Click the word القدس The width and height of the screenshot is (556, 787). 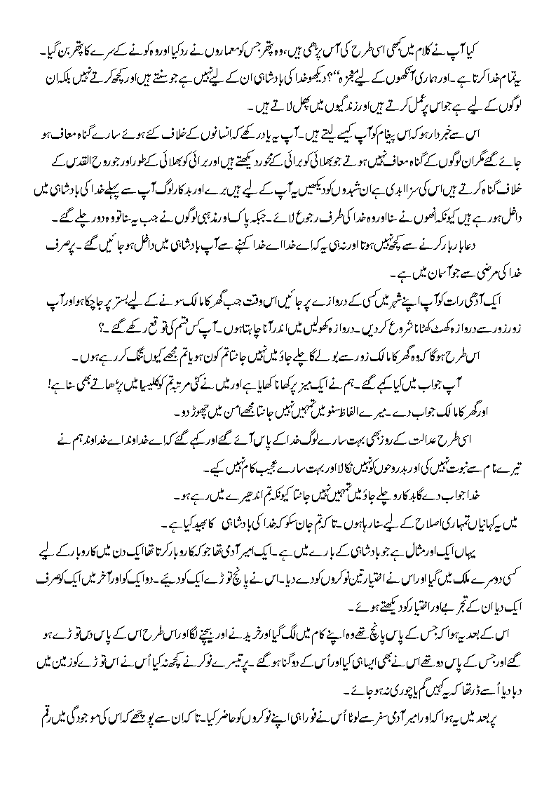(62, 171)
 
